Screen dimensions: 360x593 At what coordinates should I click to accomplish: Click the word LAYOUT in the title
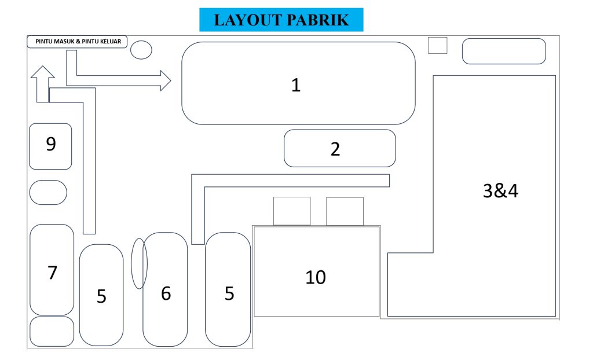tap(247, 20)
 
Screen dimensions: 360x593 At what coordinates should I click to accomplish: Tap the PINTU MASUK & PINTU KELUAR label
tap(77, 42)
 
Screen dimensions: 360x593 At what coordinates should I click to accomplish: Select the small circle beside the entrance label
tap(141, 50)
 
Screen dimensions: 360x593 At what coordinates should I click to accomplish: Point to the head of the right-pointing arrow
tap(166, 80)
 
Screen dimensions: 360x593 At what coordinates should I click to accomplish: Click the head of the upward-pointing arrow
tap(43, 73)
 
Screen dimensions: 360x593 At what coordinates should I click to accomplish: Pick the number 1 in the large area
tap(296, 86)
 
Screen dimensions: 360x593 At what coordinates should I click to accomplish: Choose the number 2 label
tap(335, 149)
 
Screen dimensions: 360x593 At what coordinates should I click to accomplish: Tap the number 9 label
tap(51, 144)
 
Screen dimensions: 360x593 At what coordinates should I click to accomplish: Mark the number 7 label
tap(53, 272)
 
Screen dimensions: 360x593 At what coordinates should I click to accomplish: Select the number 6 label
tap(166, 293)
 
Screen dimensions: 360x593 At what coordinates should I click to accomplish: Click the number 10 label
tap(316, 277)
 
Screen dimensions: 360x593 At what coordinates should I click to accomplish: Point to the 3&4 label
tap(500, 191)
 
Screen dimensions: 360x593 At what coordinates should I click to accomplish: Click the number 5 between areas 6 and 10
tap(229, 293)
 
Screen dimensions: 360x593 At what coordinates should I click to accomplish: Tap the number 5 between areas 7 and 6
tap(101, 296)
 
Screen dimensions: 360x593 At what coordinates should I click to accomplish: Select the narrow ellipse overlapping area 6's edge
tap(139, 263)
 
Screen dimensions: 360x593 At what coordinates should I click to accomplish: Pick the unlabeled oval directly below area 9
tap(48, 192)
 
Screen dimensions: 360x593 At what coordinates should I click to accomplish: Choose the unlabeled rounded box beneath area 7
tap(52, 331)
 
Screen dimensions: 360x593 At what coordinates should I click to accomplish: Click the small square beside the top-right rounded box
tap(438, 45)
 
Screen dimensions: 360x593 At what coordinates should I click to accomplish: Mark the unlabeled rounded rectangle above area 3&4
tap(504, 51)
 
